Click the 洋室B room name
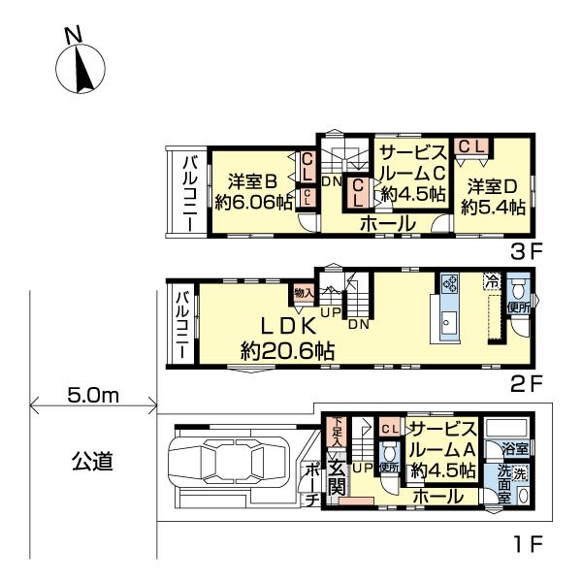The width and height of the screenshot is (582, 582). [255, 181]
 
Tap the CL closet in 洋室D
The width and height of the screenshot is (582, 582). [473, 145]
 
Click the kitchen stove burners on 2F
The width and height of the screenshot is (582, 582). [451, 283]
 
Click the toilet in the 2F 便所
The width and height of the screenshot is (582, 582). [517, 288]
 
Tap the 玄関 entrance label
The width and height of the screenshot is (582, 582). [335, 478]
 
